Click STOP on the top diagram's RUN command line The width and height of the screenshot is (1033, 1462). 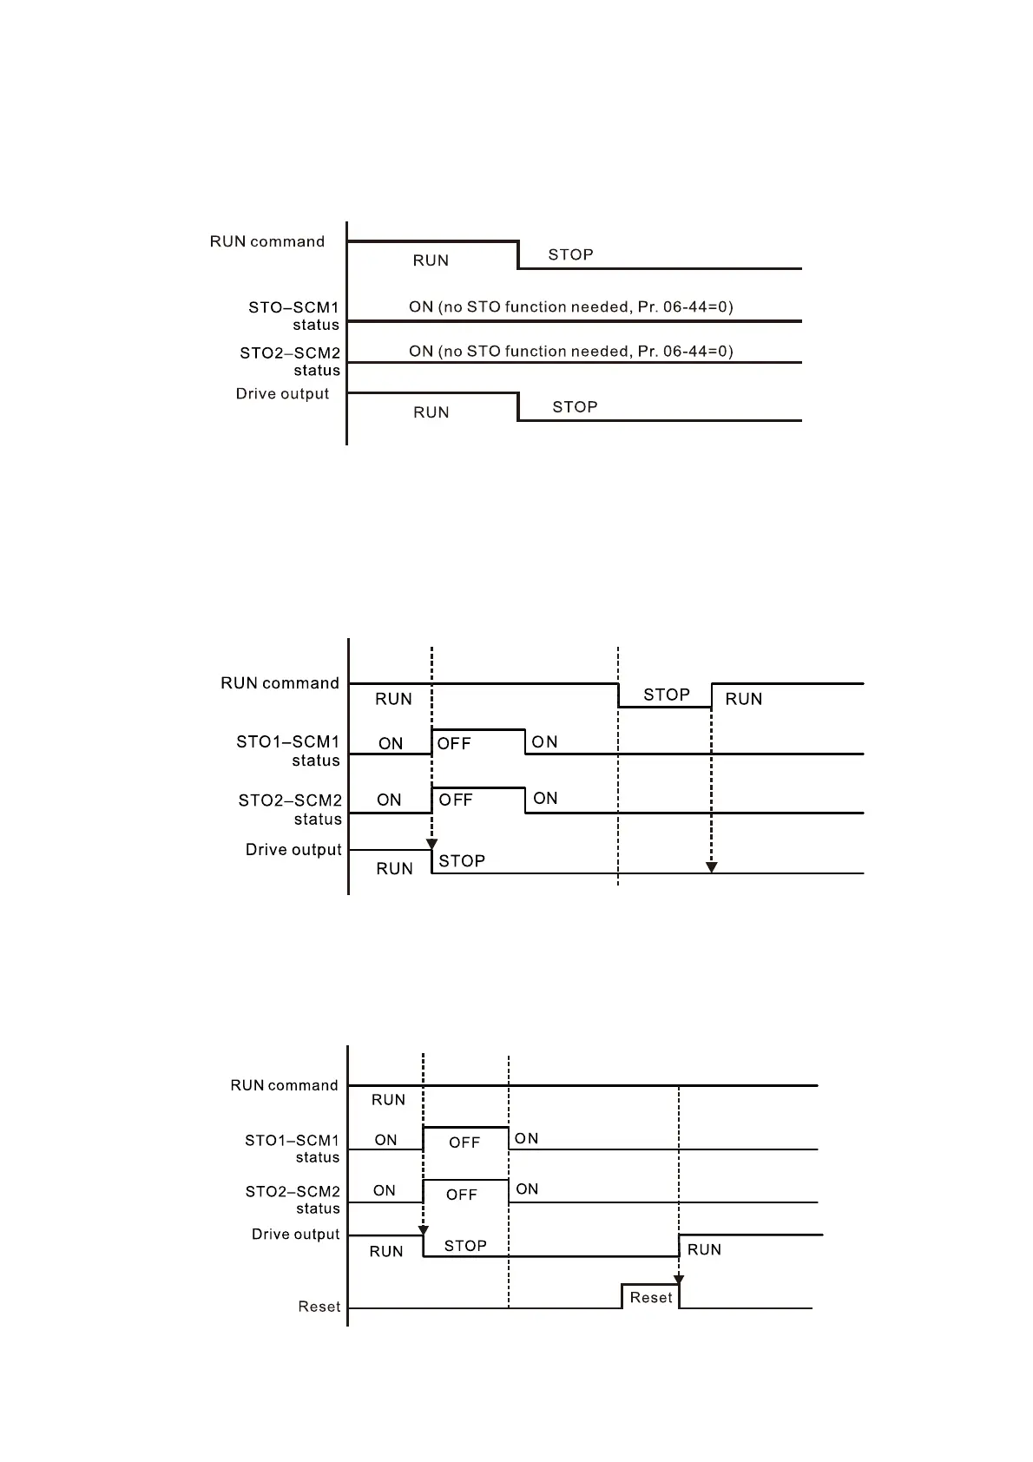click(570, 254)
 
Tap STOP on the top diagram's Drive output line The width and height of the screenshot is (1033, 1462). click(575, 407)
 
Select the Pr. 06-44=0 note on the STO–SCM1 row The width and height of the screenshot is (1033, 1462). click(570, 306)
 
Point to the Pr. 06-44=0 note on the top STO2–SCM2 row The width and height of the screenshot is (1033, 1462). click(570, 351)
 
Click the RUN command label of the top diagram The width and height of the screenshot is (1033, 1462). click(267, 241)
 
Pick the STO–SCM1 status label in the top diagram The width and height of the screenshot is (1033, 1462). click(293, 316)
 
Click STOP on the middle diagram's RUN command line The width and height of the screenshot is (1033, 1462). click(666, 695)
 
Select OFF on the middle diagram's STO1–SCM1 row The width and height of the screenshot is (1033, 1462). click(453, 743)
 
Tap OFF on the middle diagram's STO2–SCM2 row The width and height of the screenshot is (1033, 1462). click(456, 800)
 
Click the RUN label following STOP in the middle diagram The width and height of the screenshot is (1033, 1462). click(743, 699)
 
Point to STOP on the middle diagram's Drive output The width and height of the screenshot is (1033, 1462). click(462, 860)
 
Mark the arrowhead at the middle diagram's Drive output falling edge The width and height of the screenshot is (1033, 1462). click(431, 845)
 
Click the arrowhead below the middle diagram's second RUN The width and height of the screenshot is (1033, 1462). click(711, 867)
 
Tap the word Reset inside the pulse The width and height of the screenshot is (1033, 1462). click(651, 1297)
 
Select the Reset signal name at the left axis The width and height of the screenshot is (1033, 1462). click(319, 1307)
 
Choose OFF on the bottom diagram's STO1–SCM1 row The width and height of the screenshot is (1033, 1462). click(464, 1143)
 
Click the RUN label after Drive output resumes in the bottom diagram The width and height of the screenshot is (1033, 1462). click(704, 1249)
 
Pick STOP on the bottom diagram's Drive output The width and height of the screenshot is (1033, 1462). click(465, 1246)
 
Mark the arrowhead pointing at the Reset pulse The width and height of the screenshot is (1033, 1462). click(679, 1280)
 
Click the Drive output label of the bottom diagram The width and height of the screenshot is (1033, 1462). click(295, 1234)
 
